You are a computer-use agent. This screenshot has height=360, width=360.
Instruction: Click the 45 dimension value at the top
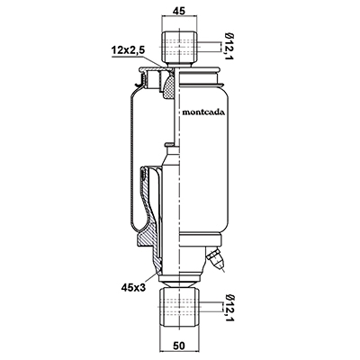(179, 11)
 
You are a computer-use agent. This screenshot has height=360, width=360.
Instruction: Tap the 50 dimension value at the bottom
(179, 346)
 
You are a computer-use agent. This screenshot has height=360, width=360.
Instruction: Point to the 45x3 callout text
(133, 288)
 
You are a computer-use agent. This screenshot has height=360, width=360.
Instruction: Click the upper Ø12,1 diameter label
(229, 47)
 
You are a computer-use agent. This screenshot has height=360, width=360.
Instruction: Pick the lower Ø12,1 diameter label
(229, 309)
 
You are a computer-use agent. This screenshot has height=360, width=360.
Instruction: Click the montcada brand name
(203, 112)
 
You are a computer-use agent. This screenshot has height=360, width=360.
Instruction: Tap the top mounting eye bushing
(179, 46)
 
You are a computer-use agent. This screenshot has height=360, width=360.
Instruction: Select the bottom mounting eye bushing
(179, 308)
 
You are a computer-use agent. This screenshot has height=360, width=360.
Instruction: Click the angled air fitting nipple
(215, 258)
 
